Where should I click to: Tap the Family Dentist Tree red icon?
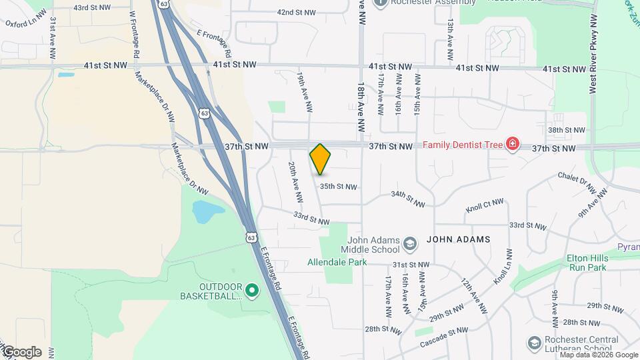click(512, 145)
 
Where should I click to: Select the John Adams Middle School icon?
click(410, 245)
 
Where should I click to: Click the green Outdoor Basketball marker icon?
click(252, 289)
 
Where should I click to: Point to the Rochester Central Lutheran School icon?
click(533, 343)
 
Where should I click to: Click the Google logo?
click(21, 352)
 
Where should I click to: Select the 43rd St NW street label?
click(91, 8)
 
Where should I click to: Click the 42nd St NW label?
click(295, 13)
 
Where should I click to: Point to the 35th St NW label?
click(338, 187)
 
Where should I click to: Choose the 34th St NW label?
click(407, 198)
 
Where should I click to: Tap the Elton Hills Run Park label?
click(586, 262)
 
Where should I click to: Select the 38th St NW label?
click(566, 130)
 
